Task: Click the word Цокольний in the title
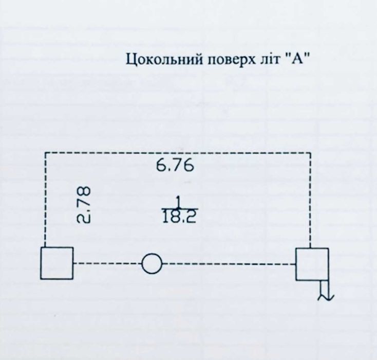pyautogui.click(x=164, y=59)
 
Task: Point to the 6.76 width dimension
pyautogui.click(x=175, y=166)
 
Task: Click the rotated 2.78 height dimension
pyautogui.click(x=84, y=204)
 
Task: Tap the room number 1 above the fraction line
pyautogui.click(x=178, y=202)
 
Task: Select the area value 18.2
pyautogui.click(x=180, y=216)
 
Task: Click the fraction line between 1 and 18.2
pyautogui.click(x=180, y=208)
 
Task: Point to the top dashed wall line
pyautogui.click(x=178, y=152)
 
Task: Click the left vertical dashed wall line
pyautogui.click(x=45, y=200)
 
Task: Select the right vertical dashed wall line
pyautogui.click(x=310, y=200)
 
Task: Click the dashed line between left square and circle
pyautogui.click(x=107, y=263)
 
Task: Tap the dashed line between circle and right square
pyautogui.click(x=229, y=264)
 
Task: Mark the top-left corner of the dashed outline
pyautogui.click(x=45, y=152)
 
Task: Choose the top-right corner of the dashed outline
pyautogui.click(x=310, y=152)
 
